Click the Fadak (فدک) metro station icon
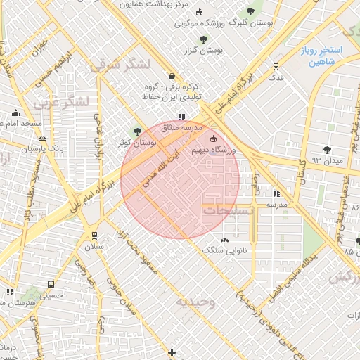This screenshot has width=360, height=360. pyautogui.click(x=276, y=67)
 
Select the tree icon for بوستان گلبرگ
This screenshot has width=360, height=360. pyautogui.click(x=250, y=11)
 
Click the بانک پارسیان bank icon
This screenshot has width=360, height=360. pyautogui.click(x=43, y=138)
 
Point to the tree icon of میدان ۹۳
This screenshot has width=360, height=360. pyautogui.click(x=327, y=149)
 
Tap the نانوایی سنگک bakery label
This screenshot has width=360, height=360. pyautogui.click(x=222, y=250)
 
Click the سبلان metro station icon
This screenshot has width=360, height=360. pyautogui.click(x=94, y=235)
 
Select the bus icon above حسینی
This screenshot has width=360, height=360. pyautogui.click(x=51, y=284)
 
